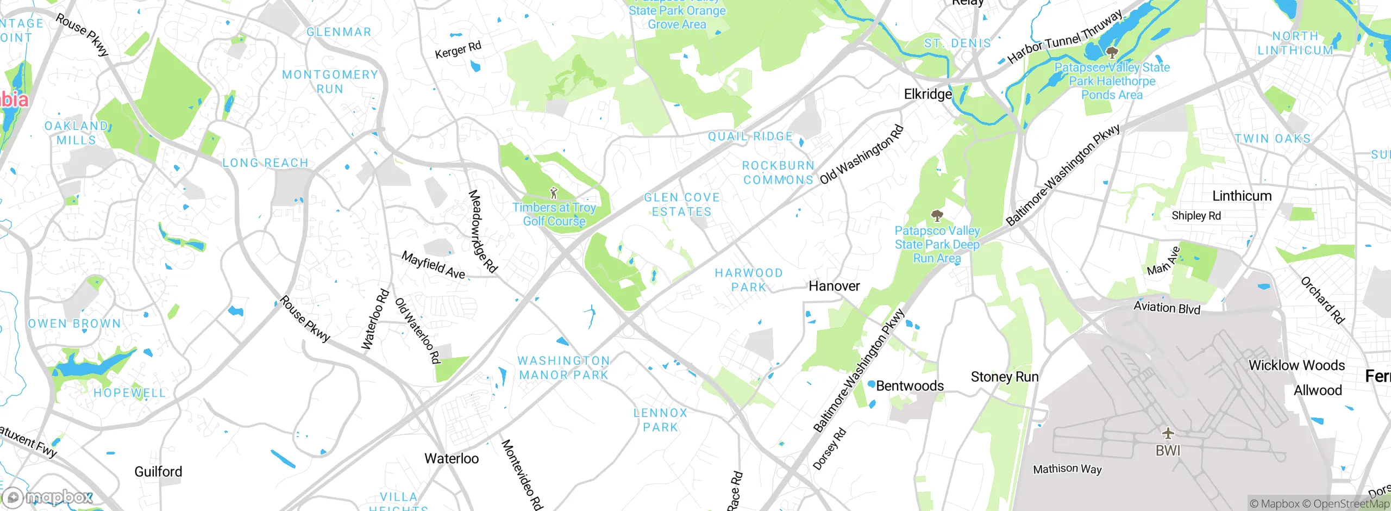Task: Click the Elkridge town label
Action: click(928, 94)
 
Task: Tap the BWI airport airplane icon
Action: click(1168, 433)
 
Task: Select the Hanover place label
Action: click(834, 286)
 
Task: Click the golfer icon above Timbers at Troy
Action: click(554, 193)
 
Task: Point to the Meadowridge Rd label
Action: click(483, 231)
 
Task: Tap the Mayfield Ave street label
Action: click(433, 265)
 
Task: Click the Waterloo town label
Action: click(452, 458)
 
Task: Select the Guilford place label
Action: click(158, 471)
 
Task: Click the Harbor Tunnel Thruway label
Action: click(1064, 36)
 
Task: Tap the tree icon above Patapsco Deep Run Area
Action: click(937, 216)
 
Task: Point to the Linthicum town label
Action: click(1242, 196)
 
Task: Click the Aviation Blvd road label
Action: click(1167, 308)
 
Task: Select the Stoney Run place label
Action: click(1004, 377)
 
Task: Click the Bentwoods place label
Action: click(910, 385)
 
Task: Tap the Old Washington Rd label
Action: click(861, 155)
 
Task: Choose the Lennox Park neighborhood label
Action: click(660, 420)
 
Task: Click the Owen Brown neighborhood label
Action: click(74, 323)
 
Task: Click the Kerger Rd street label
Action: click(458, 50)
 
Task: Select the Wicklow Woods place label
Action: click(1296, 365)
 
